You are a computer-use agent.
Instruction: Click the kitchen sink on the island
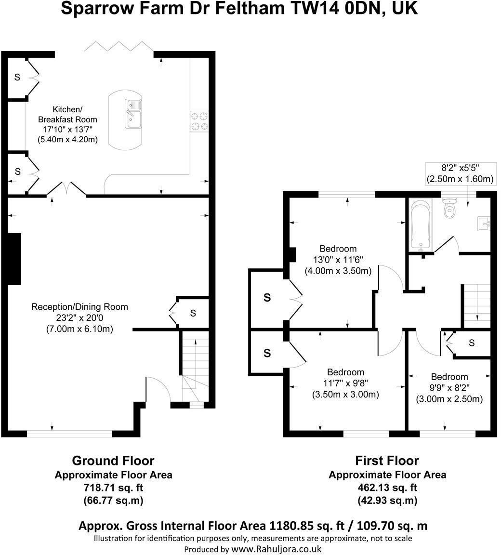133,114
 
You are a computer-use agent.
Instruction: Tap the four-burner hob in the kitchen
199,121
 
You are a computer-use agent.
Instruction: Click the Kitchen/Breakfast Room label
67,114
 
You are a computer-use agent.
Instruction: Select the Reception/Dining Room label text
79,307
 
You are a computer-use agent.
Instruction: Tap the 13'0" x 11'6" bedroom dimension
338,260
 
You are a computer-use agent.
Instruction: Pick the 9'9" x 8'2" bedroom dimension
449,388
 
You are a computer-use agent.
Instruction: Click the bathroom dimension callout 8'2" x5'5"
460,169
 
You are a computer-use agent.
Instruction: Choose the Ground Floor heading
113,460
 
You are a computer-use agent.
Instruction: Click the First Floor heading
387,460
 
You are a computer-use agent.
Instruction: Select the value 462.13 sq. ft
387,488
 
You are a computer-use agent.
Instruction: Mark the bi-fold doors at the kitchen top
119,46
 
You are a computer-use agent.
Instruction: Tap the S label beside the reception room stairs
193,313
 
